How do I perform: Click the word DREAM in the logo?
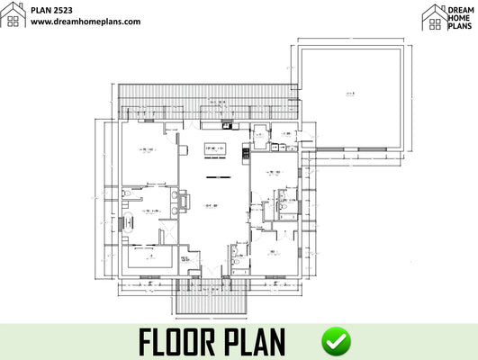(x=459, y=8)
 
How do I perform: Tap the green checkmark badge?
(x=337, y=341)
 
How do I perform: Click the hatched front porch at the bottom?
(x=212, y=297)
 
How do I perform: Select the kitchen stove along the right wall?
(x=246, y=154)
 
